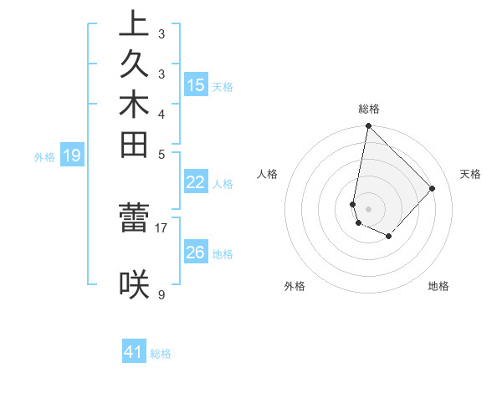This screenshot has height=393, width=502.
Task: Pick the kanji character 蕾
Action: point(134,217)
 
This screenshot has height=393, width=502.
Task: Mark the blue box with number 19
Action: point(72,155)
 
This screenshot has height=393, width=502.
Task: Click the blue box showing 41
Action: point(134,352)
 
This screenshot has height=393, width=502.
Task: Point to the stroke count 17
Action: point(161,227)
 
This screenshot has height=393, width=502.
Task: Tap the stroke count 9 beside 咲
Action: point(161,294)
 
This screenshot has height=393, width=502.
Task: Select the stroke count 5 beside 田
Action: point(161,154)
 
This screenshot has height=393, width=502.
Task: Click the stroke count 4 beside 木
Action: point(161,114)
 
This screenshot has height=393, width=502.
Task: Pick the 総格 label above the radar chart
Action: point(368,109)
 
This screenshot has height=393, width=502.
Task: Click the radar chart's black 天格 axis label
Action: point(470,174)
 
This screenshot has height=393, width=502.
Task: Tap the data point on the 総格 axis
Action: point(368,126)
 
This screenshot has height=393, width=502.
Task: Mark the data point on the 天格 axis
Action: point(433,188)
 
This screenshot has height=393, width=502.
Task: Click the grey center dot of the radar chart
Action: point(368,209)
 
